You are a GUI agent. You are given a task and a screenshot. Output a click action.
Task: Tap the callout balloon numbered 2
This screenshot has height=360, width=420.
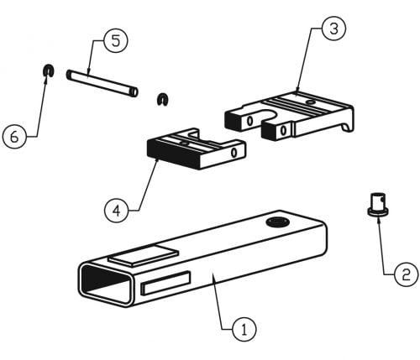point(406,274)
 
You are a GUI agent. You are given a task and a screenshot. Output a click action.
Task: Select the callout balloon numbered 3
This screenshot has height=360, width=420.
point(333,29)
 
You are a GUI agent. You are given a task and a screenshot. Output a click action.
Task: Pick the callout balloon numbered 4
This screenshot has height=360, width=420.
point(116,211)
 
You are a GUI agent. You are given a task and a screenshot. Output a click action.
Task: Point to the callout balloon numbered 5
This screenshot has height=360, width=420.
point(116,40)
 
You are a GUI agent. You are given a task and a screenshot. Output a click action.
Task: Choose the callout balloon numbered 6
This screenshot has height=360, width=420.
point(14,137)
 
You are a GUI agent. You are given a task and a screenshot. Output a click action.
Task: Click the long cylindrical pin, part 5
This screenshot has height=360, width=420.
point(102,83)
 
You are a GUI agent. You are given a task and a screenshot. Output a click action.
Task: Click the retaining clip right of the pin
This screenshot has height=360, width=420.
point(162,99)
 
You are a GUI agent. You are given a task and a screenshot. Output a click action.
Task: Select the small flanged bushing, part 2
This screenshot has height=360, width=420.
point(378,205)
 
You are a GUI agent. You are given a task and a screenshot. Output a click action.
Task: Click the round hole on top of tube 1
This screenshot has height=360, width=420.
point(277,222)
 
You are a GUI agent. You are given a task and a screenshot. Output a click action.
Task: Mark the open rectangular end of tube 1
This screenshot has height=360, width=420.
point(106,284)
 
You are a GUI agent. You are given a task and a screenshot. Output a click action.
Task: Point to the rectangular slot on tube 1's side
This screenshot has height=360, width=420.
point(165,284)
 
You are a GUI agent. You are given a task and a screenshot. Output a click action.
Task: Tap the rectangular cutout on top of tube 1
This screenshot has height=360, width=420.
point(144,255)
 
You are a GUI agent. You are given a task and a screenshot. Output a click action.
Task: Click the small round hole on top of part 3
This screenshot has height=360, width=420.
point(310,102)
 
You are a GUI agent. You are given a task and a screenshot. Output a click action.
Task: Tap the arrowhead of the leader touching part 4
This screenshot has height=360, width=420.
point(157,161)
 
